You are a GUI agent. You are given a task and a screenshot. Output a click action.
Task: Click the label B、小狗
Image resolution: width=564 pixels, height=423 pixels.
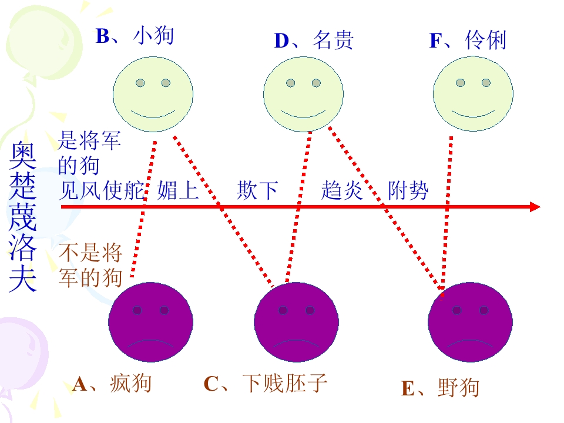click(x=135, y=36)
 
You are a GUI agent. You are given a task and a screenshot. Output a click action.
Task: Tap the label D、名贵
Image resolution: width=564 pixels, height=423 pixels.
click(x=314, y=40)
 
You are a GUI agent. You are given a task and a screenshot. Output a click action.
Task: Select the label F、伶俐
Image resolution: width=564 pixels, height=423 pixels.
click(x=468, y=40)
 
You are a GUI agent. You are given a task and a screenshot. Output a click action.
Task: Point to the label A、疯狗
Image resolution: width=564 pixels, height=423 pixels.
click(x=112, y=384)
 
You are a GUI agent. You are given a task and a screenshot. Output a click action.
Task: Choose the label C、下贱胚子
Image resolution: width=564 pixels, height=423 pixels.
click(x=266, y=383)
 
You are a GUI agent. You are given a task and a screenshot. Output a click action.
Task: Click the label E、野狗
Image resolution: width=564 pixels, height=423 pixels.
click(x=440, y=388)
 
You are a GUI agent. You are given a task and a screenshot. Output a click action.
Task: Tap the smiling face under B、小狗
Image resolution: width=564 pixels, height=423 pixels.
click(x=153, y=94)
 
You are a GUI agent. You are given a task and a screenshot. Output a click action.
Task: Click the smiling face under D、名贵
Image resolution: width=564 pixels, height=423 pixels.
click(x=303, y=94)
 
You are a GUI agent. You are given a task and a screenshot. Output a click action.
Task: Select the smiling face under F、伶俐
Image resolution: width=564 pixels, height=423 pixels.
click(x=473, y=94)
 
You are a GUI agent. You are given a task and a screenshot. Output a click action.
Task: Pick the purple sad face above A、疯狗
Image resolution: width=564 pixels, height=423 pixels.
click(x=151, y=322)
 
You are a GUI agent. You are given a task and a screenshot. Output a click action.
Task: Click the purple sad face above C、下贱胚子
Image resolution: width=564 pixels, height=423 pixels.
click(x=296, y=322)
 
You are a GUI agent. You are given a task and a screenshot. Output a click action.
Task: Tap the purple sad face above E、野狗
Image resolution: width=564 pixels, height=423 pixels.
click(x=470, y=322)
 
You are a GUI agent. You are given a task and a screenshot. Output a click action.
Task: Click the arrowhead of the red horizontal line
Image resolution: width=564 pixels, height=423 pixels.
click(x=536, y=207)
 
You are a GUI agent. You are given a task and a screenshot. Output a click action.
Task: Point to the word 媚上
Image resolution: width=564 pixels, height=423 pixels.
click(x=178, y=190)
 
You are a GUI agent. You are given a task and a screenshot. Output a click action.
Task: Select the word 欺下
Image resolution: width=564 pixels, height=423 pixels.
click(x=257, y=190)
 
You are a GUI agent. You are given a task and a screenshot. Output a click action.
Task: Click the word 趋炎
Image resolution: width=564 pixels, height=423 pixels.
click(x=342, y=190)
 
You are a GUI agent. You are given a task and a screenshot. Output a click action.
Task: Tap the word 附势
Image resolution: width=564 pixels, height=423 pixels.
click(x=408, y=190)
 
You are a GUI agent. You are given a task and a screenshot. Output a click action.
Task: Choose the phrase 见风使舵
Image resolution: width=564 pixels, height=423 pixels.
click(x=102, y=190)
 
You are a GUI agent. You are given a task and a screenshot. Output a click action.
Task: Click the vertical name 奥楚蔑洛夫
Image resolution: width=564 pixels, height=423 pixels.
click(x=23, y=217)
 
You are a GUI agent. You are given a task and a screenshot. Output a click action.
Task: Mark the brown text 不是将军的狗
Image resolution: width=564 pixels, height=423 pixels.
click(x=90, y=265)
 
